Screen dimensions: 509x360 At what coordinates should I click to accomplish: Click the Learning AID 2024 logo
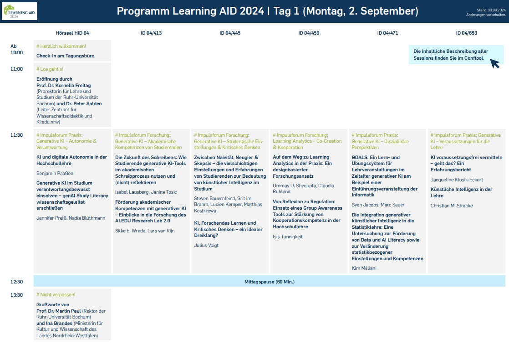pyautogui.click(x=19, y=11)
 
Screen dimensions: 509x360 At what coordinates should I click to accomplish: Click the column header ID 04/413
pyautogui.click(x=151, y=33)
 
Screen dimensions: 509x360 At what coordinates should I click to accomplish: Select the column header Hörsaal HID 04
pyautogui.click(x=72, y=33)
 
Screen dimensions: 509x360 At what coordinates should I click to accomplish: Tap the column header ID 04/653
pyautogui.click(x=466, y=33)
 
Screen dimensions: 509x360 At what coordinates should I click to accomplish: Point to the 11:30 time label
pyautogui.click(x=16, y=135)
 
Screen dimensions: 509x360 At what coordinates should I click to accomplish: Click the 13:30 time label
pyautogui.click(x=16, y=295)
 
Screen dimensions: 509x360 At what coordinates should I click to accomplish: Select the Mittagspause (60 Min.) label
pyautogui.click(x=270, y=282)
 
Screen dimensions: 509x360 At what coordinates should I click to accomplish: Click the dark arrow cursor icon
pyautogui.click(x=494, y=63)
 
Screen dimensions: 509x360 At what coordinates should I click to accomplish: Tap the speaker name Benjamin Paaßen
pyautogui.click(x=55, y=174)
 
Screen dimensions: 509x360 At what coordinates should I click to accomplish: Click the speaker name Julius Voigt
pyautogui.click(x=206, y=245)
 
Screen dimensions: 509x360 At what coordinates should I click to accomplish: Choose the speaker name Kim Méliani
pyautogui.click(x=364, y=268)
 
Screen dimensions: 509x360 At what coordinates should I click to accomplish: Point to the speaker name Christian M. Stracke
pyautogui.click(x=452, y=206)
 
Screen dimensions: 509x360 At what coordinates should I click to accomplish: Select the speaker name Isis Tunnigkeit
pyautogui.click(x=288, y=237)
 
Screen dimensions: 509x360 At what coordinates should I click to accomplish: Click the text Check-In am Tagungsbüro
pyautogui.click(x=65, y=56)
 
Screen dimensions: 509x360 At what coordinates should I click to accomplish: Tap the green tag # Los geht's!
pyautogui.click(x=50, y=69)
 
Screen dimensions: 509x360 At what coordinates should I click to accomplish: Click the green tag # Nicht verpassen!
pyautogui.click(x=56, y=295)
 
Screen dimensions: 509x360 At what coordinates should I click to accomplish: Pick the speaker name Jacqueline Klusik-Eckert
pyautogui.click(x=457, y=180)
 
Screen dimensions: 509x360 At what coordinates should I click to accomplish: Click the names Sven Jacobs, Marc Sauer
pyautogui.click(x=378, y=205)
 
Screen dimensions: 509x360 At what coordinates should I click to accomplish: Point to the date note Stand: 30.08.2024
pyautogui.click(x=491, y=10)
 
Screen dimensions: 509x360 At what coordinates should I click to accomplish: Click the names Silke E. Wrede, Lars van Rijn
pyautogui.click(x=145, y=231)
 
